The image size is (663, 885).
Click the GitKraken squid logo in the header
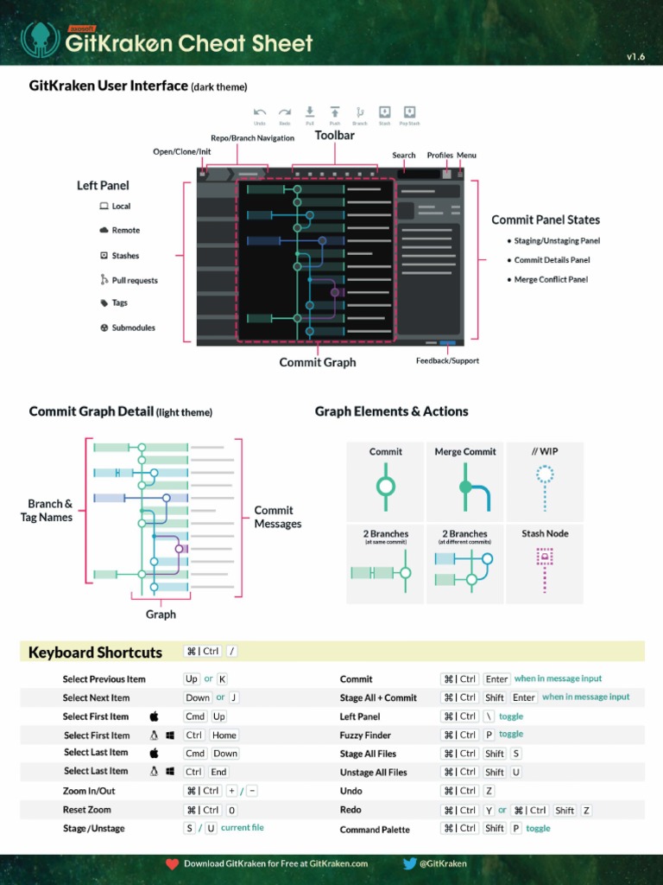click(39, 39)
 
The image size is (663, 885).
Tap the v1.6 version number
click(635, 57)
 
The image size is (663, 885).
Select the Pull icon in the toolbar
click(310, 112)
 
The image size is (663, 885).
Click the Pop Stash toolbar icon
click(410, 112)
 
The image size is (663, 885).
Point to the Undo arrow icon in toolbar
click(260, 112)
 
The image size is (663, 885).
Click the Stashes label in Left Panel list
click(125, 256)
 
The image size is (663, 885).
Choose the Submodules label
click(133, 328)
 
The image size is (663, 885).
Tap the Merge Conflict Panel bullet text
click(551, 280)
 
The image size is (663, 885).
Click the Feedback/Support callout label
click(447, 360)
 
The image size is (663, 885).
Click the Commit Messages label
click(277, 517)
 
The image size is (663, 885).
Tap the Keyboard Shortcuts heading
click(95, 653)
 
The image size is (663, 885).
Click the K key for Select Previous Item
click(222, 679)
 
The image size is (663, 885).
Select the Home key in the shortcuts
click(224, 735)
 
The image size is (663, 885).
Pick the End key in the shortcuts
click(218, 772)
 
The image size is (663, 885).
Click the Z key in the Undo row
click(489, 791)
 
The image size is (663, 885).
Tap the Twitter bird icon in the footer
click(410, 863)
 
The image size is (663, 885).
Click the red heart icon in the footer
click(172, 863)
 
